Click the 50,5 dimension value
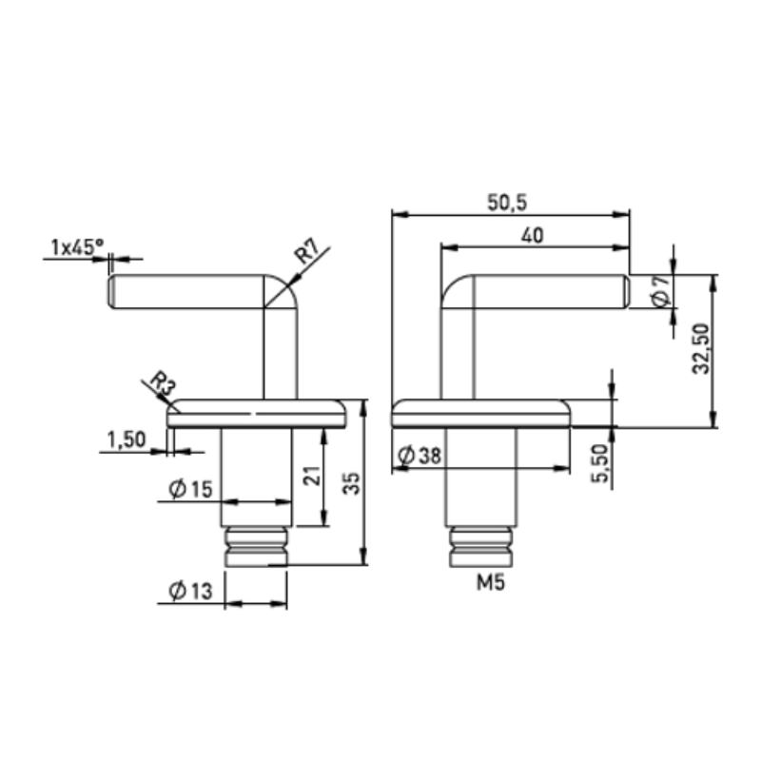coord(507,202)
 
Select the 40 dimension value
coord(532,235)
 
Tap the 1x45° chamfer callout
coord(77,247)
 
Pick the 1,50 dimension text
coord(127,439)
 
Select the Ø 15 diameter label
coord(191,488)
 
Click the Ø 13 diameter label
coord(191,591)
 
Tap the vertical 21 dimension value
coord(314,476)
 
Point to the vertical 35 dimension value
coord(352,483)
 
